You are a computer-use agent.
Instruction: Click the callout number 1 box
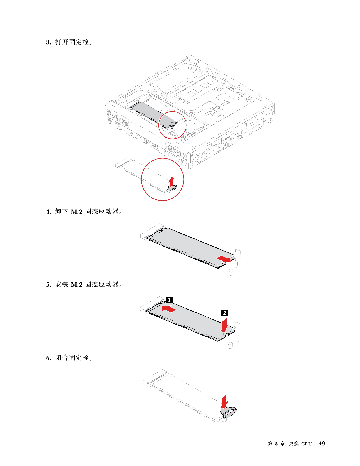coord(169,300)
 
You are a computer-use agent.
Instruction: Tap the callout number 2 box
coord(224,313)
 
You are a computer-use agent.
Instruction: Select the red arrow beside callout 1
coord(170,309)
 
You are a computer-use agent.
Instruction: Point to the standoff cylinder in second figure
coord(230,272)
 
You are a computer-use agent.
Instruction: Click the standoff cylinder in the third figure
coord(230,345)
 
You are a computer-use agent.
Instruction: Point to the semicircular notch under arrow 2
coord(226,333)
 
